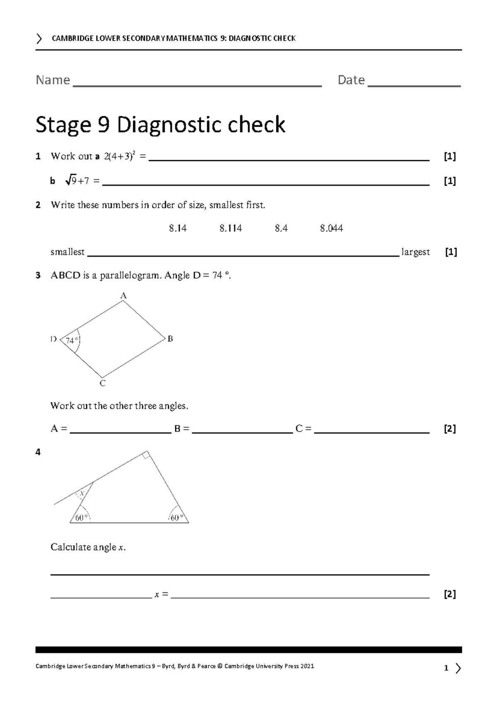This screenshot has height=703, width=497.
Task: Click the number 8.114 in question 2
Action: [231, 228]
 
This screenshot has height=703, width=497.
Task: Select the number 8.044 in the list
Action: [331, 228]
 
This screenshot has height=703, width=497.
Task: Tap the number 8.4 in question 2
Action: [281, 228]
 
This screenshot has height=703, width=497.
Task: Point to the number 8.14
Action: [178, 228]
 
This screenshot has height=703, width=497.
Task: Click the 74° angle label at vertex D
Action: [71, 341]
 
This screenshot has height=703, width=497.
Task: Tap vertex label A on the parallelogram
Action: [123, 296]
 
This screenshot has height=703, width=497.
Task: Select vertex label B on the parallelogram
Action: [170, 339]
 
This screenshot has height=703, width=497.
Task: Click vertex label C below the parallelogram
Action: [103, 384]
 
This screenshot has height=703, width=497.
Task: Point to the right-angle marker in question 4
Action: [145, 455]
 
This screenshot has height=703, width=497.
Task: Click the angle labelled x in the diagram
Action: [82, 493]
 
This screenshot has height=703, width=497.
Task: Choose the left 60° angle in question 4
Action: [81, 517]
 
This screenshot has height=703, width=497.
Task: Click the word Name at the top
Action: [53, 80]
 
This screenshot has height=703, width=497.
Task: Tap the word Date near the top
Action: [351, 80]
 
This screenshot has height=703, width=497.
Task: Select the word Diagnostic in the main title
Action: [201, 125]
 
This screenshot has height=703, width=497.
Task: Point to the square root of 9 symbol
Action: [71, 181]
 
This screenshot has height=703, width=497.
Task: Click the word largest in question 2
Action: [416, 252]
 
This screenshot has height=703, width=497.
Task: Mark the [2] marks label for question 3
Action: [449, 429]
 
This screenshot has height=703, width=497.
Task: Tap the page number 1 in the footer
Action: [446, 668]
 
